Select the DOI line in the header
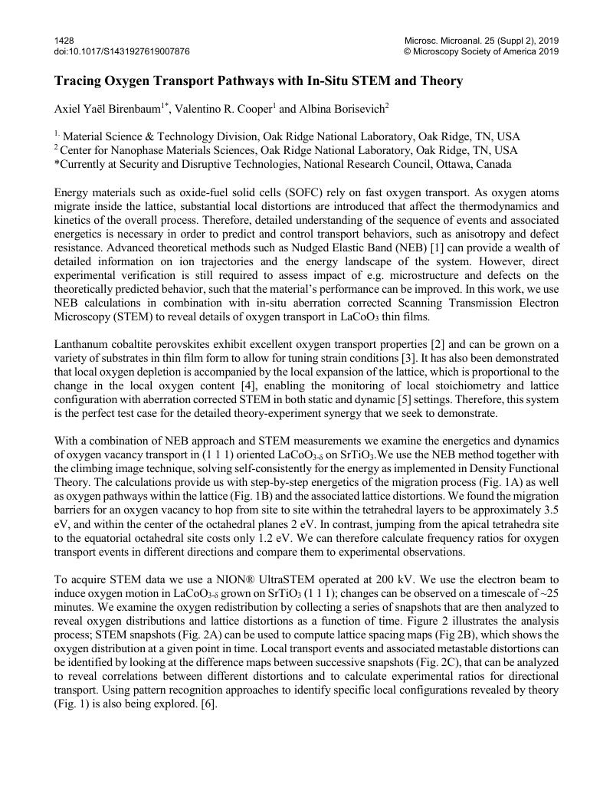click(123, 51)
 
